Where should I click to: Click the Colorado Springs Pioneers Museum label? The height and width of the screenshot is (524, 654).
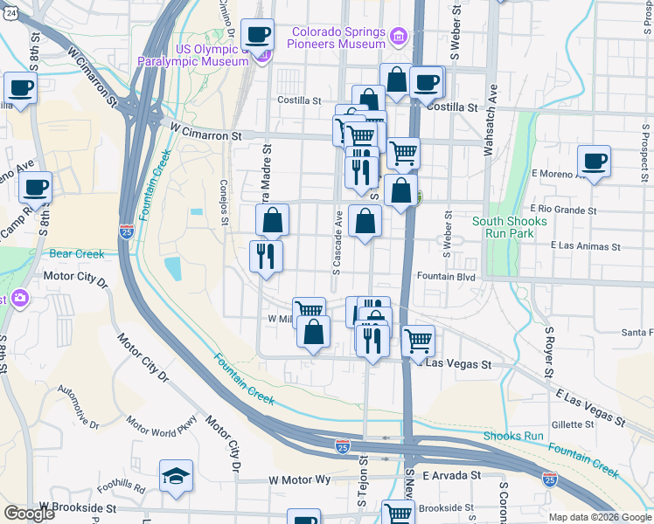339,37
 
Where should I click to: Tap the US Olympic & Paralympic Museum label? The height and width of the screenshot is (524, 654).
199,55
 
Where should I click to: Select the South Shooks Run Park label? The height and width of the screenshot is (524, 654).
509,227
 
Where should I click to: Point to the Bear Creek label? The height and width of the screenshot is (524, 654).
76,254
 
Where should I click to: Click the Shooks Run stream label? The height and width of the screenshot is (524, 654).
513,436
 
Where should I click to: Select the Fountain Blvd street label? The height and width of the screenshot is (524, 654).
446,277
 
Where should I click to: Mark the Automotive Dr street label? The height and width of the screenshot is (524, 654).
78,408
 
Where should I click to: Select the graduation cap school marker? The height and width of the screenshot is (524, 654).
176,476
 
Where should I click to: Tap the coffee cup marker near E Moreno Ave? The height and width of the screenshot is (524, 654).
594,162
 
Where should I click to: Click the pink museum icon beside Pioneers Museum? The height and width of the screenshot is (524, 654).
399,37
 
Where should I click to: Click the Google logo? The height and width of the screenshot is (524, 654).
29,514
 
